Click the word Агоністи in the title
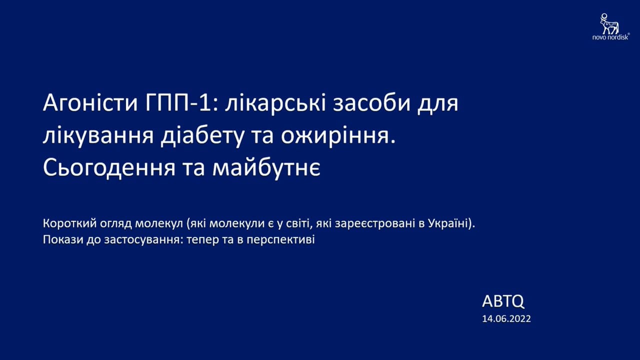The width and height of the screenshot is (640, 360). click(90, 103)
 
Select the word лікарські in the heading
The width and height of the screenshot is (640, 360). click(275, 103)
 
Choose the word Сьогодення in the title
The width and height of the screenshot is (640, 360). click(109, 168)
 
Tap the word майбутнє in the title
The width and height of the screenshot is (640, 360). click(266, 168)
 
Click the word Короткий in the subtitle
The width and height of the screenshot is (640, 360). click(70, 223)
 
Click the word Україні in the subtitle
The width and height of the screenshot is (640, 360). click(449, 223)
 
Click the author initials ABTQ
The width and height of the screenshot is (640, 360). click(503, 301)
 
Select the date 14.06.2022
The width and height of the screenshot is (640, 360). click(506, 319)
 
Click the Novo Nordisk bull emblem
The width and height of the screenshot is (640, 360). click(609, 23)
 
